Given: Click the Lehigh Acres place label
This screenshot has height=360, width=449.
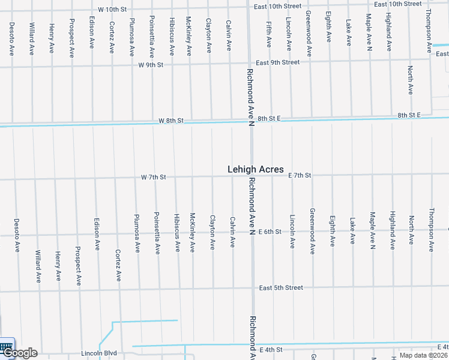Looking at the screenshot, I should click(255, 170).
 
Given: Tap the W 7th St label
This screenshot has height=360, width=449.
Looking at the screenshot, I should click(153, 177).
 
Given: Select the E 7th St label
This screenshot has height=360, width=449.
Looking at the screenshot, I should click(300, 175).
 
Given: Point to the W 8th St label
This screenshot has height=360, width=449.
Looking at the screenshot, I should click(170, 121).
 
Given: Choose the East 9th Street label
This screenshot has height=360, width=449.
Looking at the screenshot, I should click(277, 62).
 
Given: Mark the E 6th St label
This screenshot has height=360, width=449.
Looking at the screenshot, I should click(270, 232).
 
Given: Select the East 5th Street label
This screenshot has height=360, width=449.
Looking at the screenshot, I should click(281, 288).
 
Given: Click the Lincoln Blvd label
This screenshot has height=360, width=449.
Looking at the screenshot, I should click(99, 353).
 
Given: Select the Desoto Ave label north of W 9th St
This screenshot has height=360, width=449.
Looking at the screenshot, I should click(12, 39).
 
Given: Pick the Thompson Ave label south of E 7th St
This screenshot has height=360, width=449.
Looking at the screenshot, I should click(431, 230).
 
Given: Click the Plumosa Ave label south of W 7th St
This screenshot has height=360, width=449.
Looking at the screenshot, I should click(137, 233).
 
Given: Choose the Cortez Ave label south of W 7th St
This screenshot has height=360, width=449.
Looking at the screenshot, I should click(118, 265).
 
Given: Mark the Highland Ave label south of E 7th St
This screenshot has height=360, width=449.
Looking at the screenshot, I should click(392, 230).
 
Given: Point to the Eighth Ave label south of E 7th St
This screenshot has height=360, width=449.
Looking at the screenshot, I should click(332, 232).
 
